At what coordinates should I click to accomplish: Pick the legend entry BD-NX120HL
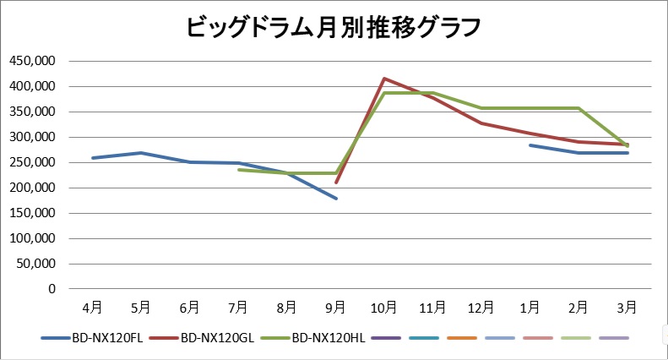coord(328,338)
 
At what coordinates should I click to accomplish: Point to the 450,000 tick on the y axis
coord(31,61)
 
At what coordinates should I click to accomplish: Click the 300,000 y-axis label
coord(31,137)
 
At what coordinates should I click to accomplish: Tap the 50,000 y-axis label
coord(35,264)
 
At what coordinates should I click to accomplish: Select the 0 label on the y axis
coord(52,289)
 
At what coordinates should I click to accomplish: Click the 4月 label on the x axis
coord(93,307)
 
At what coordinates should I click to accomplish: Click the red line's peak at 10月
coord(385,79)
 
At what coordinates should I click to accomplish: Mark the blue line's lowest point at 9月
coord(336,199)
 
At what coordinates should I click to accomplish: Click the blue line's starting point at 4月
coord(93,158)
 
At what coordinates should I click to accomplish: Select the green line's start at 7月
coord(239,170)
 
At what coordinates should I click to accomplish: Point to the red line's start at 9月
coord(336,183)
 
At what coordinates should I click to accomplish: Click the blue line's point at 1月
coord(530,145)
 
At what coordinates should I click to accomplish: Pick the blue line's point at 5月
coord(141,153)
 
